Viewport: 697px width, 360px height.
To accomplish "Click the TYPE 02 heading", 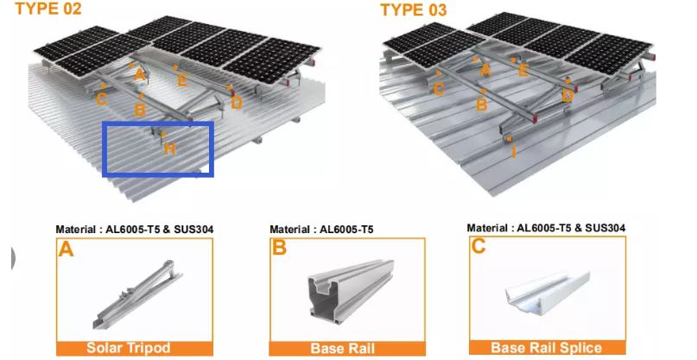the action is click(x=48, y=9).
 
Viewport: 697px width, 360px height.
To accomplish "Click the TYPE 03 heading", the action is click(x=414, y=9).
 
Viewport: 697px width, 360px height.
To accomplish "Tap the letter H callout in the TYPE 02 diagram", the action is click(x=169, y=148).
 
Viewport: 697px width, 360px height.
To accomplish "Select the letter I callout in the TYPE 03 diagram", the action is click(x=514, y=152).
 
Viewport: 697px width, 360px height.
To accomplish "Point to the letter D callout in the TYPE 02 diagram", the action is click(x=237, y=103).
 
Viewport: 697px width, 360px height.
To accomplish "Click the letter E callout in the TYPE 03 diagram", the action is click(x=523, y=70).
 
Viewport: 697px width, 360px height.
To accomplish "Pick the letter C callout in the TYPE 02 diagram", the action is click(x=101, y=98).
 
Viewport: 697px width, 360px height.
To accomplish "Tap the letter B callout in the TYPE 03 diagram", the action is click(x=482, y=104).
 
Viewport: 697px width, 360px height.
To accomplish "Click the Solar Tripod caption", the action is click(x=129, y=348).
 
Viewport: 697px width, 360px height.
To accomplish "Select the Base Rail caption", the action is click(x=343, y=348).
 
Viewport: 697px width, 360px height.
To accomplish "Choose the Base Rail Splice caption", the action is click(x=547, y=347).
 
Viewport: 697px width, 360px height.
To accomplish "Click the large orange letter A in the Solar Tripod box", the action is click(x=66, y=249).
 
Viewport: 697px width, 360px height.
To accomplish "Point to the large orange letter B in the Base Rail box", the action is click(x=279, y=248).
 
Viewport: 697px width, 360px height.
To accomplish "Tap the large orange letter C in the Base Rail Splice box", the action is click(x=478, y=246).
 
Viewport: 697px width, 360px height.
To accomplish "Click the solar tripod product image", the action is click(x=137, y=294).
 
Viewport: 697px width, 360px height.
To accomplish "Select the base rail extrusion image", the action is click(x=352, y=289).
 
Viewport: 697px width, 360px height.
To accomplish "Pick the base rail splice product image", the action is click(x=548, y=294).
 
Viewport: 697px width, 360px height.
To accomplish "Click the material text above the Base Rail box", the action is click(x=321, y=230).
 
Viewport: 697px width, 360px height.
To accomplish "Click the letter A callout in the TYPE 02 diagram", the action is click(x=140, y=75).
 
